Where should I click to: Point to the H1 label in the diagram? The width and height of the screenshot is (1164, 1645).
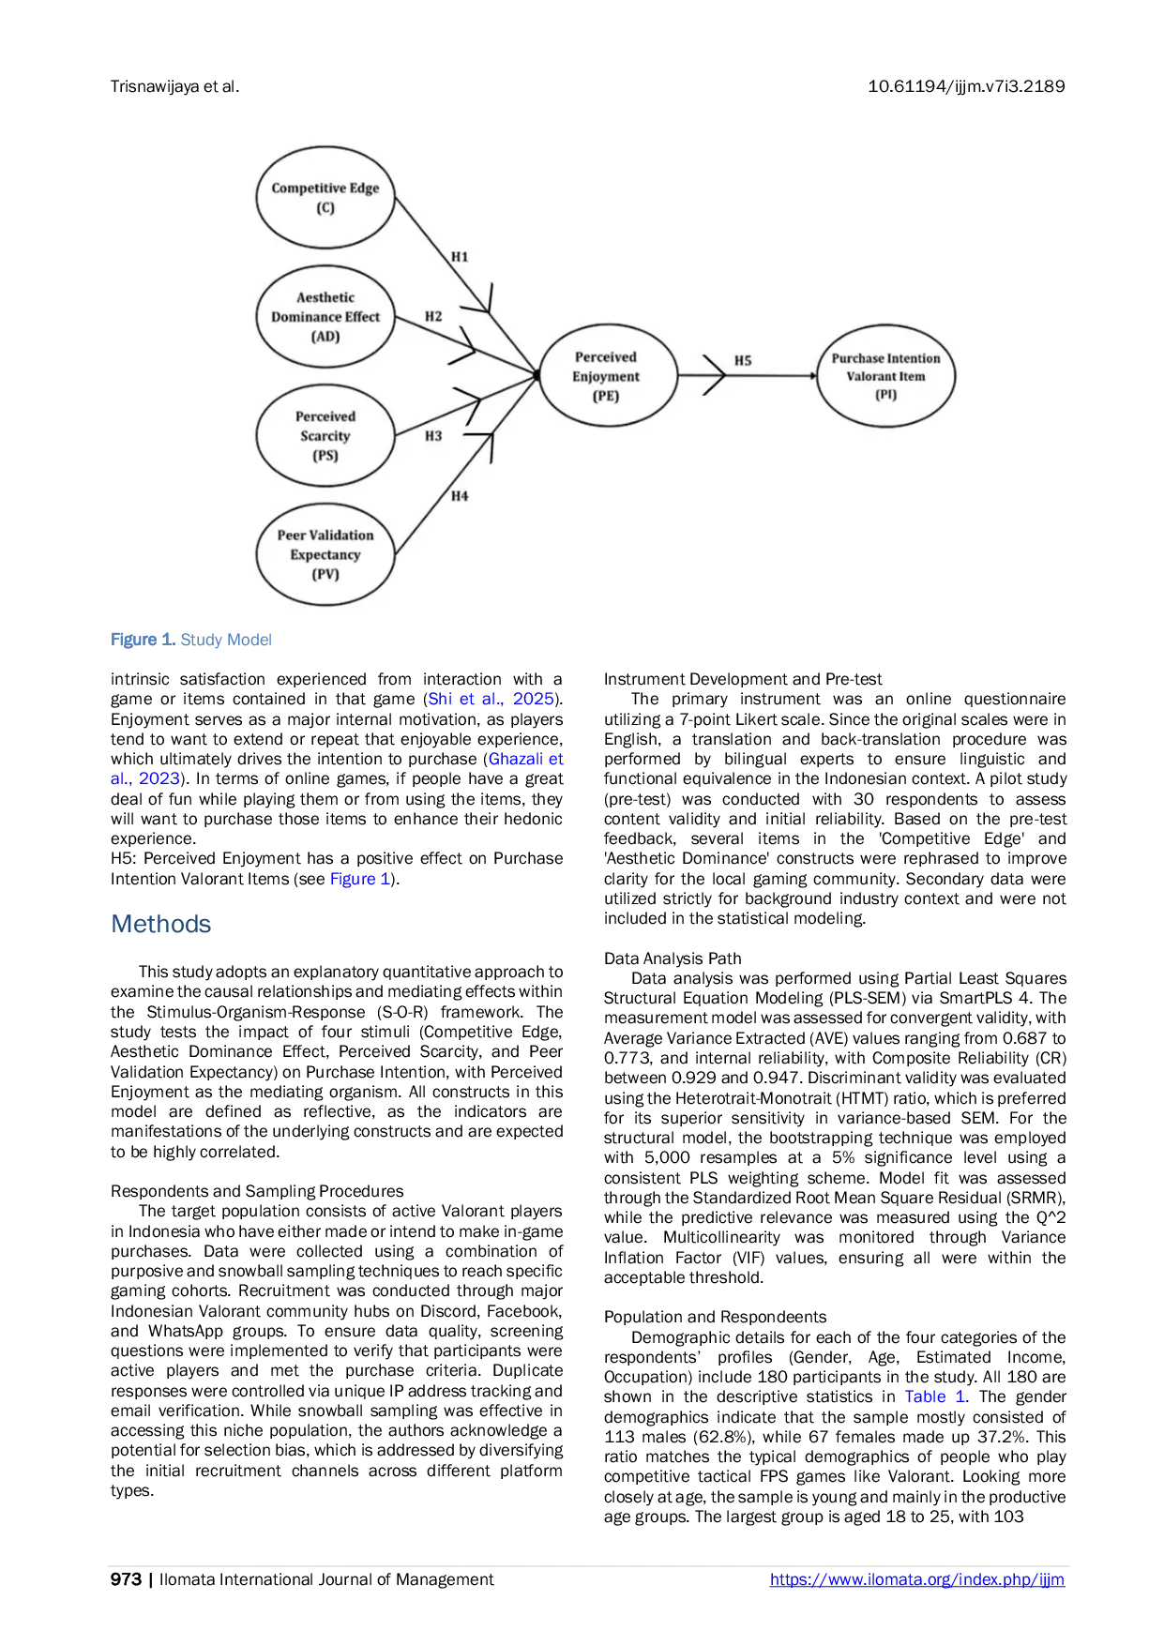tap(460, 257)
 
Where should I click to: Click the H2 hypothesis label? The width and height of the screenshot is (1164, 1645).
tap(433, 317)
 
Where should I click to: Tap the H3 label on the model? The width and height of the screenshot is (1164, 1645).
tap(433, 436)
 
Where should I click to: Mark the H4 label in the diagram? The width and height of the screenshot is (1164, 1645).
tap(460, 496)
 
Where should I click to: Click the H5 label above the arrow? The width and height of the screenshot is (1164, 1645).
tap(743, 360)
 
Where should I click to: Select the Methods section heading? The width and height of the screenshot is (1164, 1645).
tap(161, 924)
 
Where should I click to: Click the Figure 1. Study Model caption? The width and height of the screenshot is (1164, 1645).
tap(191, 640)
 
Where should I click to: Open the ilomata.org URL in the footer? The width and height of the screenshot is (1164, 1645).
tap(917, 1579)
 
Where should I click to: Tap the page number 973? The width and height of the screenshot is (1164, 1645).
tap(126, 1579)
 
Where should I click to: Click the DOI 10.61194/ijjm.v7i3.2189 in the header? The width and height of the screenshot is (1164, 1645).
tap(966, 86)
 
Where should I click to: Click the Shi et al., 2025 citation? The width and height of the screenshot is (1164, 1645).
tap(491, 699)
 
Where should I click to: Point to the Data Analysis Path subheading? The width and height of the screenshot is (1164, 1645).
tap(673, 958)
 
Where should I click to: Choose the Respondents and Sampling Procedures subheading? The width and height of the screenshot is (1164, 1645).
tap(257, 1191)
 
